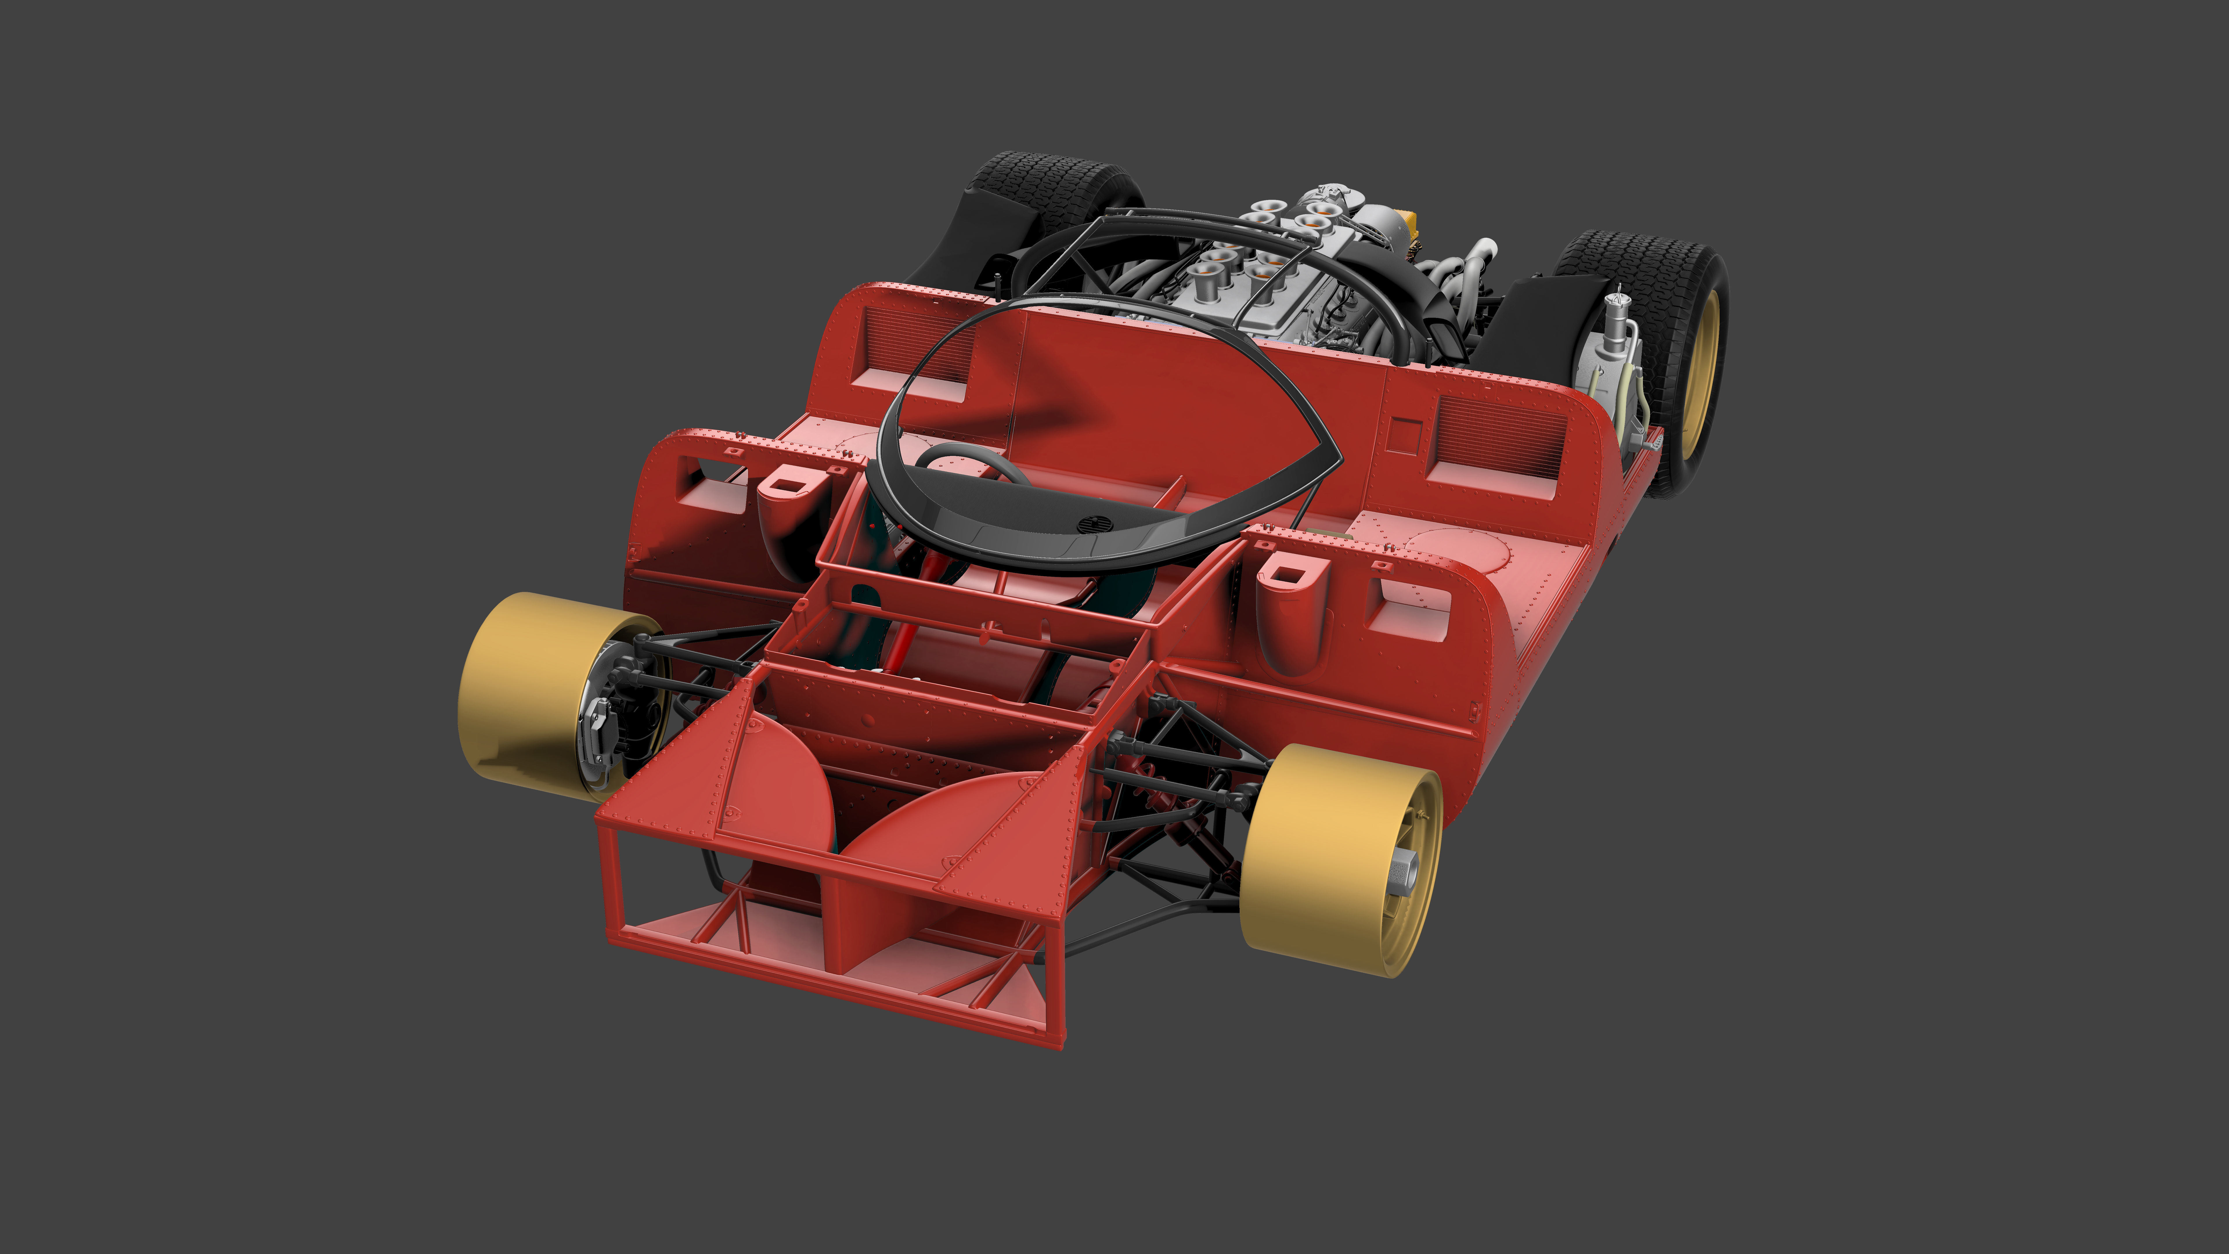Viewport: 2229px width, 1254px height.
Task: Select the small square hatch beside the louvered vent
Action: [x=1402, y=435]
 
